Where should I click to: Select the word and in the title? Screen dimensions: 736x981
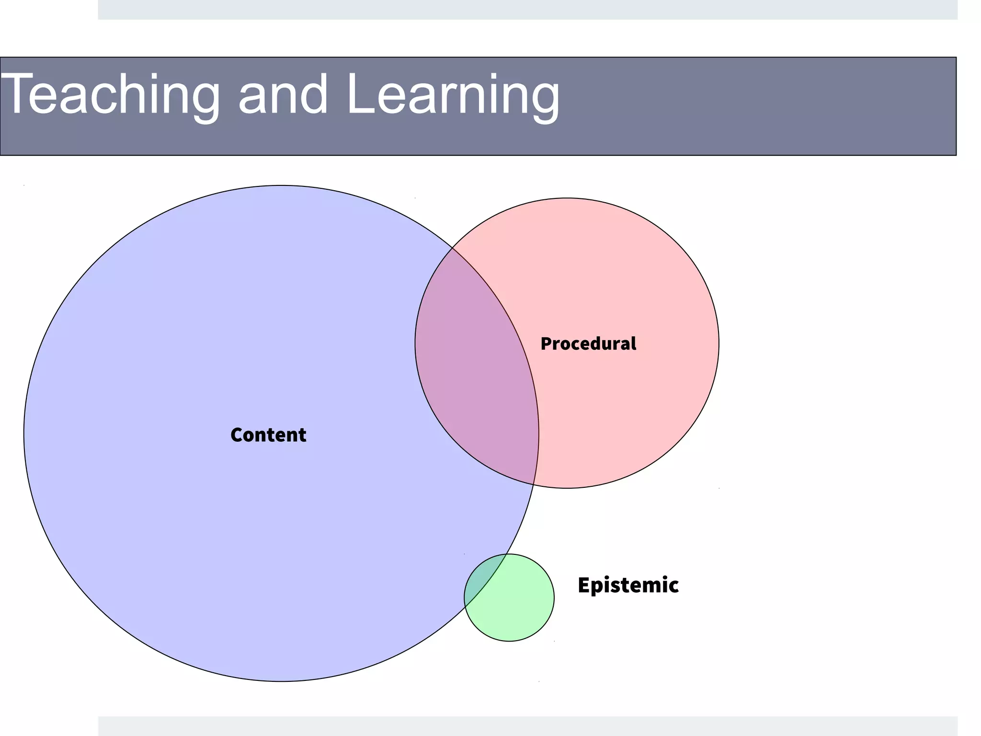tap(283, 94)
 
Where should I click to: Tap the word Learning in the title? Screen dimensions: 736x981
tap(453, 94)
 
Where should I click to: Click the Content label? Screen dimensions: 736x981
tap(268, 435)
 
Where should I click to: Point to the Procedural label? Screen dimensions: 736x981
tap(588, 344)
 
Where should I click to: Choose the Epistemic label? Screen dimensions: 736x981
tap(628, 585)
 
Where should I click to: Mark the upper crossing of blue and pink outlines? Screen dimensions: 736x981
tap(453, 248)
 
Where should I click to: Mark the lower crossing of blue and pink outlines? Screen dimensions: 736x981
tap(534, 484)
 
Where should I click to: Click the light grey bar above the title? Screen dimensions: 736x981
tap(527, 10)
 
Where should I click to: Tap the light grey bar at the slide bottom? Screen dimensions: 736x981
tap(527, 726)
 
